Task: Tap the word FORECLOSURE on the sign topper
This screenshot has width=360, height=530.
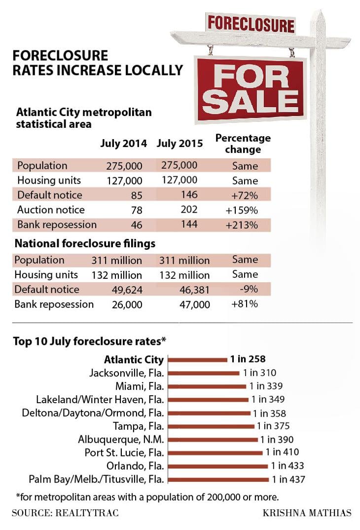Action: click(x=251, y=24)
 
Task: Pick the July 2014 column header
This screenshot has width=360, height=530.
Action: click(x=123, y=144)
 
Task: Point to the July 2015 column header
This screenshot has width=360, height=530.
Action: click(x=180, y=144)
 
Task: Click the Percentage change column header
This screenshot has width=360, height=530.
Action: click(x=243, y=144)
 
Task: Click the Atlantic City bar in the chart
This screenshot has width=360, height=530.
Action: click(x=198, y=360)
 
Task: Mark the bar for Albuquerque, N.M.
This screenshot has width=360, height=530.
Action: click(x=213, y=439)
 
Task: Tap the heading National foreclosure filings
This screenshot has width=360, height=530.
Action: click(x=85, y=244)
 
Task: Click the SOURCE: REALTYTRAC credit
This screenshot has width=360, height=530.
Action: click(x=65, y=513)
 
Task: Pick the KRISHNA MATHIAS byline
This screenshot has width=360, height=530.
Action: click(x=307, y=513)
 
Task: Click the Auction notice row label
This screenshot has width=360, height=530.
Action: click(x=51, y=210)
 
